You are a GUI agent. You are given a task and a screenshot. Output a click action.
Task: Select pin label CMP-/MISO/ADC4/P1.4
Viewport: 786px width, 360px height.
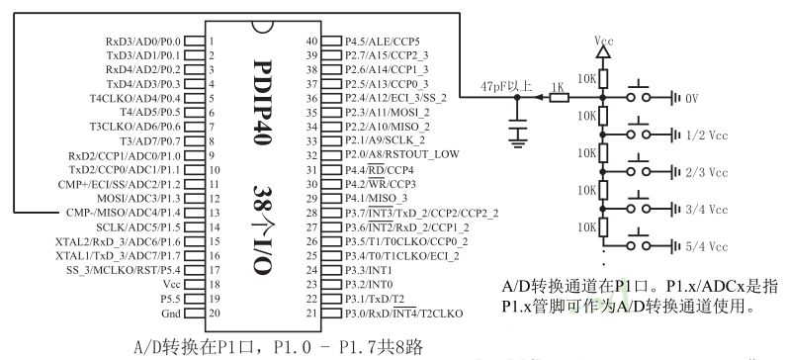[x=124, y=212]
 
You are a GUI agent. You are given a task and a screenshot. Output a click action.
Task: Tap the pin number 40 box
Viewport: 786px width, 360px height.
[x=311, y=42]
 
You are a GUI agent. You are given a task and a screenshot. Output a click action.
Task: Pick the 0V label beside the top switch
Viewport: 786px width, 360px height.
[x=692, y=98]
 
